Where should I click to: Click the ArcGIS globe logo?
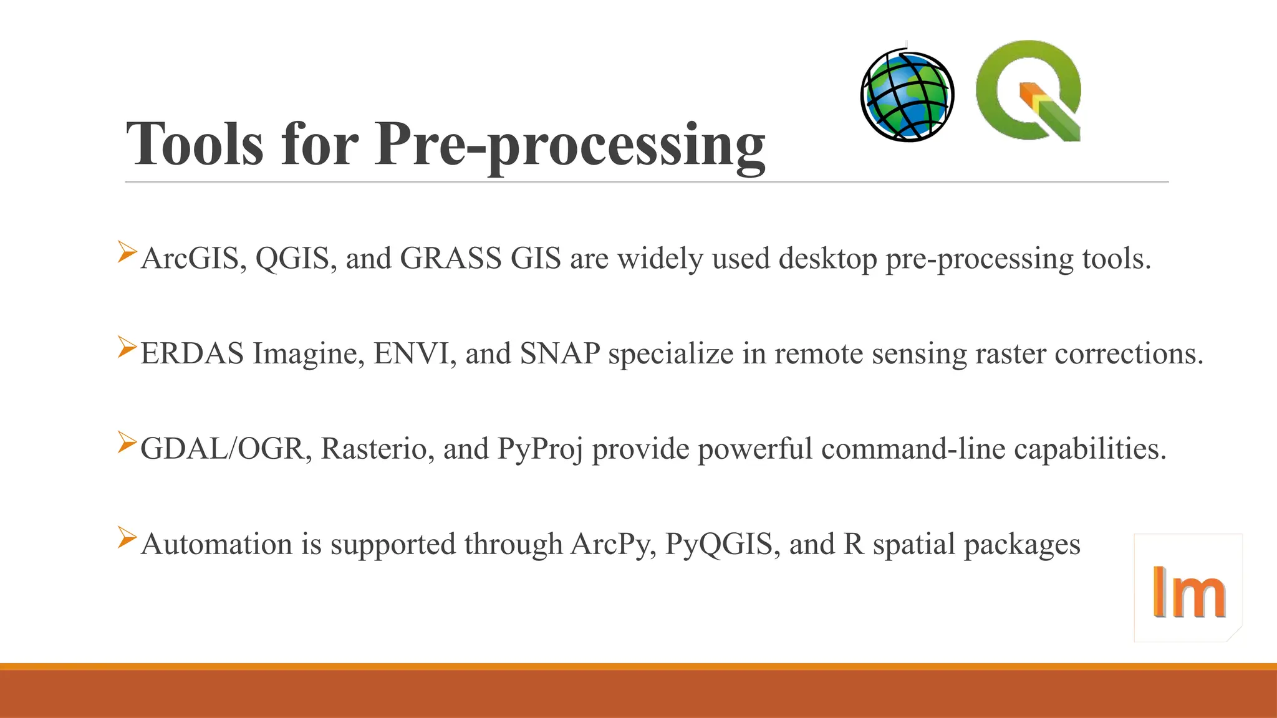click(907, 95)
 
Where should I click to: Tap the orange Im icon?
click(1188, 589)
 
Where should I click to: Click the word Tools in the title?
click(195, 144)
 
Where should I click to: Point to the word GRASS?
click(450, 258)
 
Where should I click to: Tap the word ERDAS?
click(192, 353)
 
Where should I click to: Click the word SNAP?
click(560, 353)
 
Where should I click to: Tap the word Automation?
click(217, 543)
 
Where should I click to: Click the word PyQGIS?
click(722, 545)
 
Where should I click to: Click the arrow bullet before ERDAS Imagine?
click(127, 347)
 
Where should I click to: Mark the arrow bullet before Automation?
click(127, 537)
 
